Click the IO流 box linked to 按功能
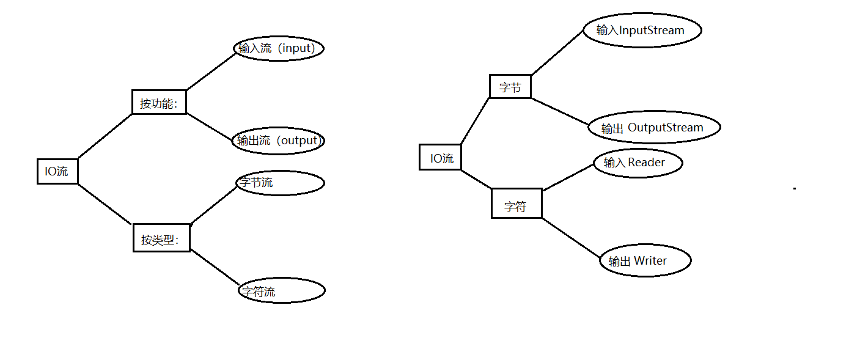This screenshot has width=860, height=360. point(57,171)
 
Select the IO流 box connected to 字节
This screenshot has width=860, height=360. point(440,158)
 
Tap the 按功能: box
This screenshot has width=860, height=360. point(159,102)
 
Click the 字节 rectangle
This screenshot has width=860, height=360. point(510,87)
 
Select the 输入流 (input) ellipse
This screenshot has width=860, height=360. point(278,48)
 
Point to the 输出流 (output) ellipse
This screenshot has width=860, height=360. point(278,141)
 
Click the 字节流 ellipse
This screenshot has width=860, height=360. point(280,183)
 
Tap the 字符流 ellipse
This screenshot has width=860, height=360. point(281,291)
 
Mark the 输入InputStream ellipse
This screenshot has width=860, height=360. point(642,30)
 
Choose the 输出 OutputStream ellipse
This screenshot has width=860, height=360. point(654,128)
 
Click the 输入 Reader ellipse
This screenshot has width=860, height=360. point(638,163)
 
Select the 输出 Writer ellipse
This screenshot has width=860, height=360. point(645,261)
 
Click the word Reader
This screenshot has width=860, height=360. point(646,163)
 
